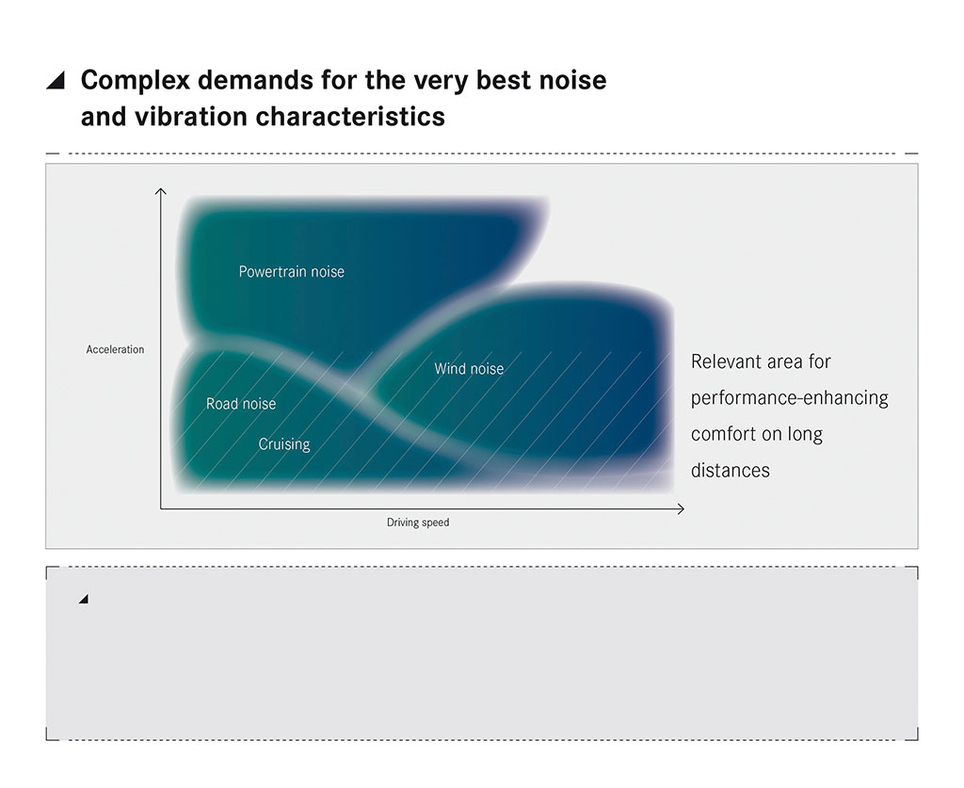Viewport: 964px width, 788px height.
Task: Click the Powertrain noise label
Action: (x=292, y=272)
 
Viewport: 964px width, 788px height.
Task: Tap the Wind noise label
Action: (x=469, y=369)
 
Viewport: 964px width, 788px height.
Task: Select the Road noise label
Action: (x=241, y=404)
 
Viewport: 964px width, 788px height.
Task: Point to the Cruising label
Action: (x=284, y=444)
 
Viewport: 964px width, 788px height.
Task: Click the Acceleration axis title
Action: (x=115, y=349)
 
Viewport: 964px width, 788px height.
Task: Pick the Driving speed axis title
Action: (x=418, y=523)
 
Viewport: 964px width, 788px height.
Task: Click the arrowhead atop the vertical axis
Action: (x=160, y=191)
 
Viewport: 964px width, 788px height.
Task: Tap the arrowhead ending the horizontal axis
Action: (x=682, y=509)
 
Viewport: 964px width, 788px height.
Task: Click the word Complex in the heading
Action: (x=136, y=81)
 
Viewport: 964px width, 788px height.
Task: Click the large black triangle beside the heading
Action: (x=56, y=81)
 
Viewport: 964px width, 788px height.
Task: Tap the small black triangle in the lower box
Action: (x=84, y=599)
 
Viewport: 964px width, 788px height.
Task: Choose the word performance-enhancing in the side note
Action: (x=790, y=398)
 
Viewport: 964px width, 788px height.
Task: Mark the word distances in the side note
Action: (x=731, y=470)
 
